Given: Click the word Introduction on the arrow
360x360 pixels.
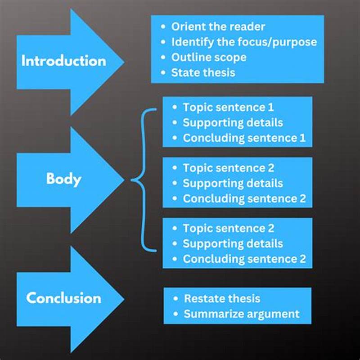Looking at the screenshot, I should click(x=63, y=61).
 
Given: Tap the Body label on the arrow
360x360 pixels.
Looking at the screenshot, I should click(x=63, y=179).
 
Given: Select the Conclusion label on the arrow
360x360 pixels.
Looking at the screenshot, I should click(x=63, y=298).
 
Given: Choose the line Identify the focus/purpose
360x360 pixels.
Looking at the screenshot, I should click(x=244, y=42).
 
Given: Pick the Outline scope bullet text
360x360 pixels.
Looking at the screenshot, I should click(x=209, y=57).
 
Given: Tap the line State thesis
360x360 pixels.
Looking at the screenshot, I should click(x=203, y=72).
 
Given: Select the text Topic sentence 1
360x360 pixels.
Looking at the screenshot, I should click(x=228, y=108).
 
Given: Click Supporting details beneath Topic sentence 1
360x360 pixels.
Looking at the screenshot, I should click(x=233, y=123).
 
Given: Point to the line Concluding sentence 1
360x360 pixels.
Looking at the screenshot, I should click(x=244, y=138).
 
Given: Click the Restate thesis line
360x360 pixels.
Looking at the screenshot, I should click(x=222, y=299).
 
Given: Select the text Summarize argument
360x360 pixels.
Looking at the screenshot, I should click(x=242, y=314).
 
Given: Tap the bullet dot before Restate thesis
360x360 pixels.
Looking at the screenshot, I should click(x=175, y=299).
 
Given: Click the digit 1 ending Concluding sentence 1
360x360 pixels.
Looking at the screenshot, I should click(x=302, y=138).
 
